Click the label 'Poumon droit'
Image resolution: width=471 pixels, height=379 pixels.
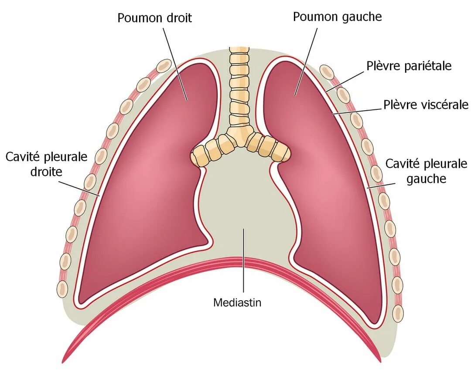(x=154, y=18)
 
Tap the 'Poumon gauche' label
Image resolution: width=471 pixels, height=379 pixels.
(x=337, y=17)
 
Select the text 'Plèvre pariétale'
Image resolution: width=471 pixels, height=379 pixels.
(x=409, y=66)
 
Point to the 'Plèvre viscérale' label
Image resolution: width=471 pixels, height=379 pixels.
(x=426, y=105)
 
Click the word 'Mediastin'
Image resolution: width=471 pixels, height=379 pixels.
(x=237, y=302)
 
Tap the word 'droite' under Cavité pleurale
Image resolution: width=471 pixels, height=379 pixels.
(x=46, y=171)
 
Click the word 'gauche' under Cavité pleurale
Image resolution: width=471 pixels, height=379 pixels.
(x=426, y=179)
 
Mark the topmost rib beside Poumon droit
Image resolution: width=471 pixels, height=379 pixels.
(x=164, y=66)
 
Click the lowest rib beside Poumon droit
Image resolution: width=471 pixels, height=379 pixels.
(x=62, y=289)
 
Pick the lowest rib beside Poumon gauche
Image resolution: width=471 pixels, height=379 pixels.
(x=398, y=313)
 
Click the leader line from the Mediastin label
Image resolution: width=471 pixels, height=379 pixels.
(x=243, y=261)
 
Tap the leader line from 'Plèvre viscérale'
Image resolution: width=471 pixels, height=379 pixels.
(x=358, y=111)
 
